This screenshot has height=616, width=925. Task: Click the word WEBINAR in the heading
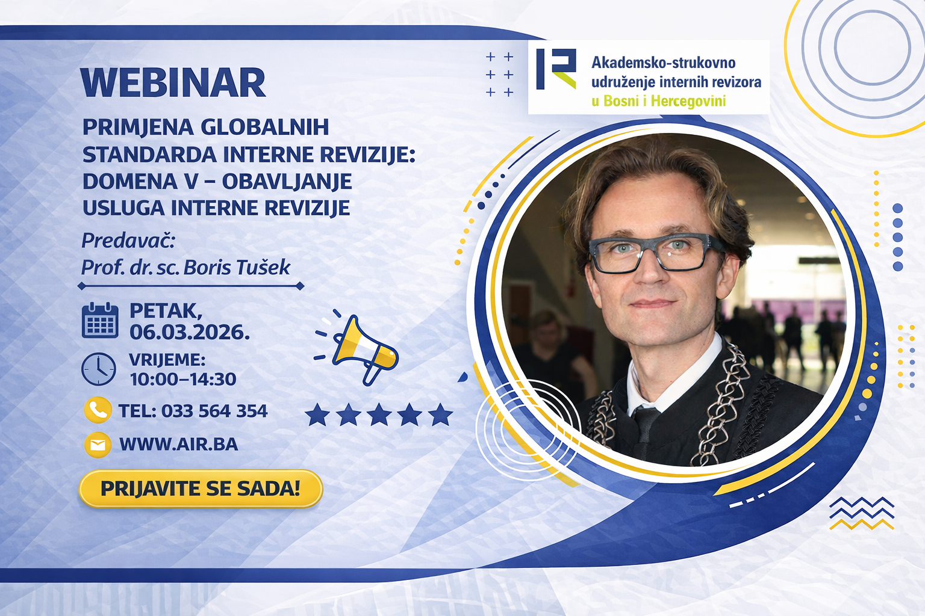[x=173, y=83]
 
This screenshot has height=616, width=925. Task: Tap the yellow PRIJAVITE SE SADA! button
[x=201, y=488]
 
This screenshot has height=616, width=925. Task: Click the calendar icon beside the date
[x=100, y=320]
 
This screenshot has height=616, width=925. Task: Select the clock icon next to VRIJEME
[x=99, y=369]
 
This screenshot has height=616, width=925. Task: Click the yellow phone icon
[x=98, y=410]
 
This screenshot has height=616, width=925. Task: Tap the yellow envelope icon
[x=98, y=445]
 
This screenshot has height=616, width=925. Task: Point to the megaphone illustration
[x=357, y=349]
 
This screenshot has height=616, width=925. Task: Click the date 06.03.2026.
[x=190, y=331]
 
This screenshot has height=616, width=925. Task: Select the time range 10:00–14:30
[x=183, y=379]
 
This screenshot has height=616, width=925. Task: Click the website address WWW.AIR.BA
[x=179, y=445]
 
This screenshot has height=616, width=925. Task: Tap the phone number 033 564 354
[x=214, y=411]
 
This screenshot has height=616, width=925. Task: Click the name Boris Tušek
[x=237, y=267]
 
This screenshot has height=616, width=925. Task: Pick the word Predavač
[x=128, y=241]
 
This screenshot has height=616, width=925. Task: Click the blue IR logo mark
[x=556, y=69]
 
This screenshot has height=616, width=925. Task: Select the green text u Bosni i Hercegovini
[x=659, y=100]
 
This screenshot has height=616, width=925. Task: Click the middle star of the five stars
[x=379, y=414]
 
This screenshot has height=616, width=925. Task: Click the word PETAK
[x=166, y=311]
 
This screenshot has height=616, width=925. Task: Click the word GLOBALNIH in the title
[x=265, y=127]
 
